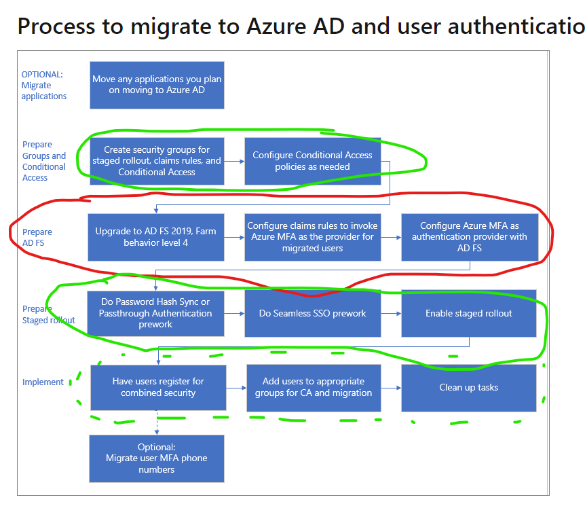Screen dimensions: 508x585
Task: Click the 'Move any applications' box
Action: click(157, 85)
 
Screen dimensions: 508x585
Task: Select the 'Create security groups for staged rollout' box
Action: click(157, 161)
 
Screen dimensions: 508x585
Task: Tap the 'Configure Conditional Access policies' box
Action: click(312, 161)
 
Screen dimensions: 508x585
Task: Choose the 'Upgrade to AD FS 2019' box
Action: click(156, 237)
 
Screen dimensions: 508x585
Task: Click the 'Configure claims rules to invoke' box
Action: click(312, 237)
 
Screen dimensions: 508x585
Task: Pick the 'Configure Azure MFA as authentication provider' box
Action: click(469, 237)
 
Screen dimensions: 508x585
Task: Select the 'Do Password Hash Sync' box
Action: click(155, 313)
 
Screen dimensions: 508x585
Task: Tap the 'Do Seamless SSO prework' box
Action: click(312, 313)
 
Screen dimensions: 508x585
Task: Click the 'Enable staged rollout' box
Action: click(469, 313)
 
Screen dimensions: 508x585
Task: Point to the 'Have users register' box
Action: click(157, 387)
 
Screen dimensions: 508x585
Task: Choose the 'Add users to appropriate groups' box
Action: click(313, 387)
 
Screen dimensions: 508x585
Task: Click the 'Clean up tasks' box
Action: click(469, 387)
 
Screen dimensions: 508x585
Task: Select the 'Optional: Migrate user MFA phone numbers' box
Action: click(157, 458)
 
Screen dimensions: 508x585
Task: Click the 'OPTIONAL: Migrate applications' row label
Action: click(44, 85)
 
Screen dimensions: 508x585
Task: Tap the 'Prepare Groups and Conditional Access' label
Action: click(44, 161)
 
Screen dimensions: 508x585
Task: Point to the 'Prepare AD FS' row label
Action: click(37, 237)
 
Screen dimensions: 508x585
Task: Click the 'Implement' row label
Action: click(43, 382)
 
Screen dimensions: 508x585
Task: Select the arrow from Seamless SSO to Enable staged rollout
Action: click(390, 314)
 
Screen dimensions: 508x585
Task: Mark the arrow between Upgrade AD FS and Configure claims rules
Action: click(234, 238)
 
